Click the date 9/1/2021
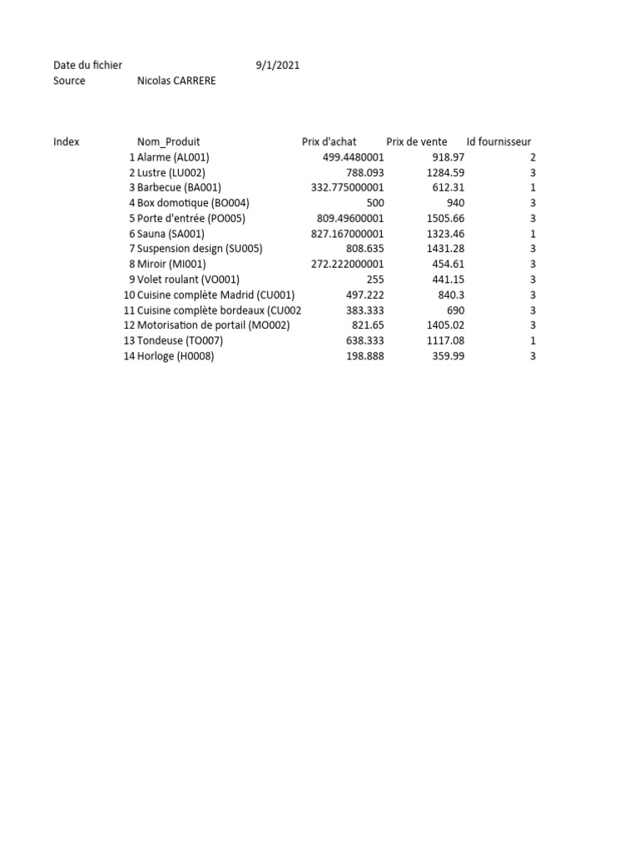(x=278, y=65)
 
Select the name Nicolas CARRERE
(x=176, y=81)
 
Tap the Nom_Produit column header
(x=168, y=141)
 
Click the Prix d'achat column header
(x=329, y=141)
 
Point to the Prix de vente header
(x=417, y=141)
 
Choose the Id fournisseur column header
(x=498, y=141)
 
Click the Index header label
(x=67, y=141)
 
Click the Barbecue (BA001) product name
(x=179, y=187)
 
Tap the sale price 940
(x=455, y=203)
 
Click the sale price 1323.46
(x=445, y=234)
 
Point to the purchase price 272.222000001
(x=347, y=264)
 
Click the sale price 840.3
(x=451, y=295)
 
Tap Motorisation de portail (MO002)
(x=213, y=325)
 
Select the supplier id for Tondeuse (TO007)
(x=532, y=340)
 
